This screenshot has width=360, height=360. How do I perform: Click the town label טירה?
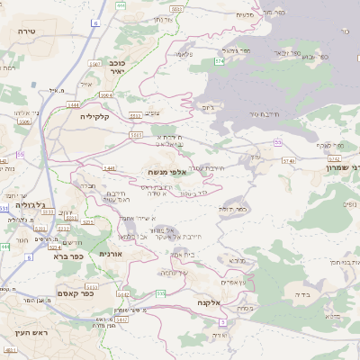click(x=26, y=31)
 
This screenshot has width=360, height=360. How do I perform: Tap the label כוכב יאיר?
click(x=105, y=69)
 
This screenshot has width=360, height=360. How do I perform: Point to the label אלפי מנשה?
click(x=167, y=171)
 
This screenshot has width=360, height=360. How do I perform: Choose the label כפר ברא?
click(x=69, y=256)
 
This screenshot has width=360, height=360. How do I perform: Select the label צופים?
click(x=152, y=112)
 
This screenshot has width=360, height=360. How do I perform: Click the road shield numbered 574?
click(x=219, y=61)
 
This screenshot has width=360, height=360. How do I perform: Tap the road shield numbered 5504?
click(x=106, y=94)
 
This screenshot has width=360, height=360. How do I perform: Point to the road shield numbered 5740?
click(x=288, y=160)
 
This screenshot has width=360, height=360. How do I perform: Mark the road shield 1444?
click(x=72, y=105)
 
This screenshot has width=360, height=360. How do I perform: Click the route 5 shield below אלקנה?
click(x=221, y=321)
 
